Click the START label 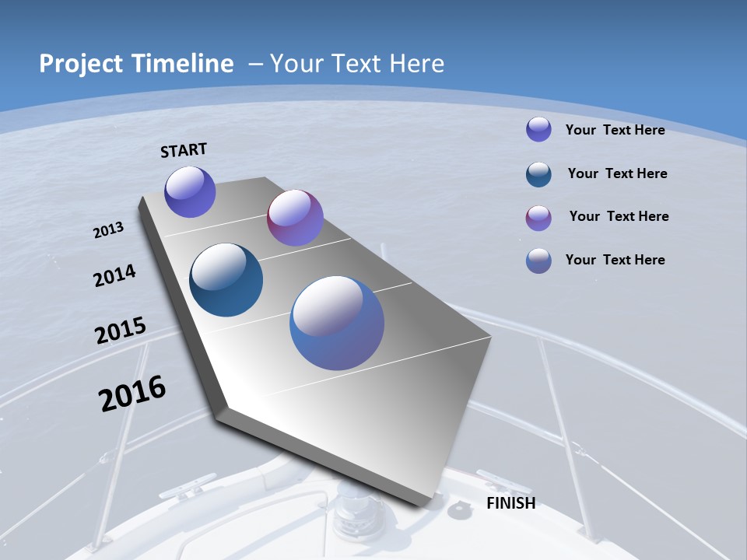[x=184, y=149]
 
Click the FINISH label [x=510, y=503]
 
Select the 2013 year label [x=108, y=230]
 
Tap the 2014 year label [x=114, y=275]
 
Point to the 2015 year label [x=120, y=331]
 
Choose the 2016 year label [x=132, y=394]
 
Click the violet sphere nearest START [x=190, y=191]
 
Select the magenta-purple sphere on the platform [x=295, y=218]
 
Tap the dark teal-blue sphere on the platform [x=226, y=280]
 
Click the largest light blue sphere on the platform [x=337, y=323]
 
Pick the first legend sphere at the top [x=538, y=129]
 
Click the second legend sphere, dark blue [x=538, y=174]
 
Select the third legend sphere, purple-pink [x=538, y=218]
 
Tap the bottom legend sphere [x=538, y=261]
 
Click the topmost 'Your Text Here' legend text [x=615, y=130]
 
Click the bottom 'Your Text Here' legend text [x=615, y=260]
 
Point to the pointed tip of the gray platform [x=222, y=411]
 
